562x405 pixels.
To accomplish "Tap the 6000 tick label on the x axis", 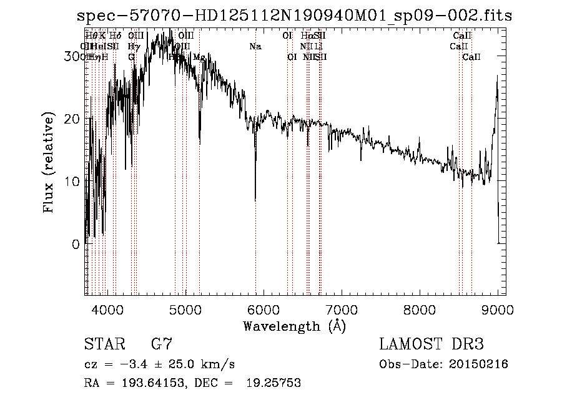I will pyautogui.click(x=264, y=310).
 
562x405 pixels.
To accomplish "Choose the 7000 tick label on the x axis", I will pyautogui.click(x=342, y=310).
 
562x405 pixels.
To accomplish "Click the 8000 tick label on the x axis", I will pyautogui.click(x=420, y=310).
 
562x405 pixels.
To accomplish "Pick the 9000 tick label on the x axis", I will pyautogui.click(x=498, y=310).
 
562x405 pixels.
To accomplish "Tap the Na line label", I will pyautogui.click(x=255, y=47).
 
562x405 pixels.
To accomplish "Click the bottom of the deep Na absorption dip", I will pyautogui.click(x=255, y=200).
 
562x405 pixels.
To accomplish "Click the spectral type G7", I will pyautogui.click(x=162, y=344).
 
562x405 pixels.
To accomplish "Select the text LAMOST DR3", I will pyautogui.click(x=431, y=344).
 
